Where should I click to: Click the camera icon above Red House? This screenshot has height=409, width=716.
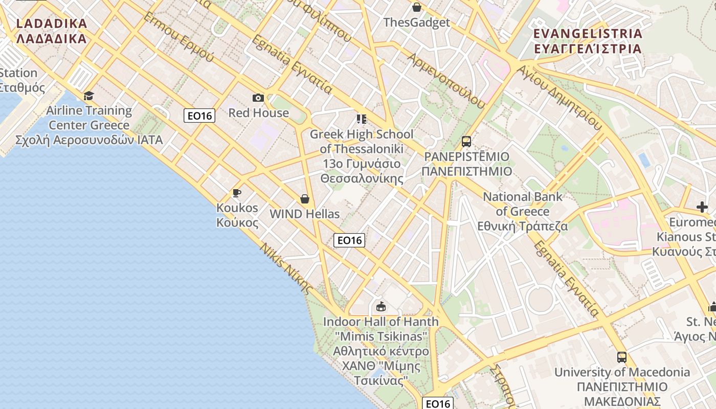point(258,98)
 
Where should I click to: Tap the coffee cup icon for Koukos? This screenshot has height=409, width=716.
point(236,193)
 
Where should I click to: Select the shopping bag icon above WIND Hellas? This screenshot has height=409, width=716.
point(305,199)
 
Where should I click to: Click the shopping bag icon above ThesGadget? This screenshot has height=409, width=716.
point(417,7)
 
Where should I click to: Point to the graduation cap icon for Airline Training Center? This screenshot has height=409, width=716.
point(89,96)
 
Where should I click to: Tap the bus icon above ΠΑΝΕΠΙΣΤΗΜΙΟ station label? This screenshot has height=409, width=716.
point(466,141)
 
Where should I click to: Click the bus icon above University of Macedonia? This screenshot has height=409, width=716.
point(622,357)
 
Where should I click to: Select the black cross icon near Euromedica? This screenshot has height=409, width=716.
point(702,207)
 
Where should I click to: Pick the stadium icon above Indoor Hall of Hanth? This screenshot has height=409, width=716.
point(381,306)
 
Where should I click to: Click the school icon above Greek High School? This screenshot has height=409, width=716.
point(362,119)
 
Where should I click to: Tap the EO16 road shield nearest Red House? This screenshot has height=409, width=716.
point(199,116)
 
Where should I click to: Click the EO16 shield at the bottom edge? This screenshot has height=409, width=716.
point(438,403)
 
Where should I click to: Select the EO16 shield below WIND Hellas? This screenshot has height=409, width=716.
point(349,240)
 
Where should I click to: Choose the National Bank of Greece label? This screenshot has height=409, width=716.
point(523,211)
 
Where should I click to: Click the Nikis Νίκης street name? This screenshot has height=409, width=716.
point(286,268)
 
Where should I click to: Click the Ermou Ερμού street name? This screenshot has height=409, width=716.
point(178,37)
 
